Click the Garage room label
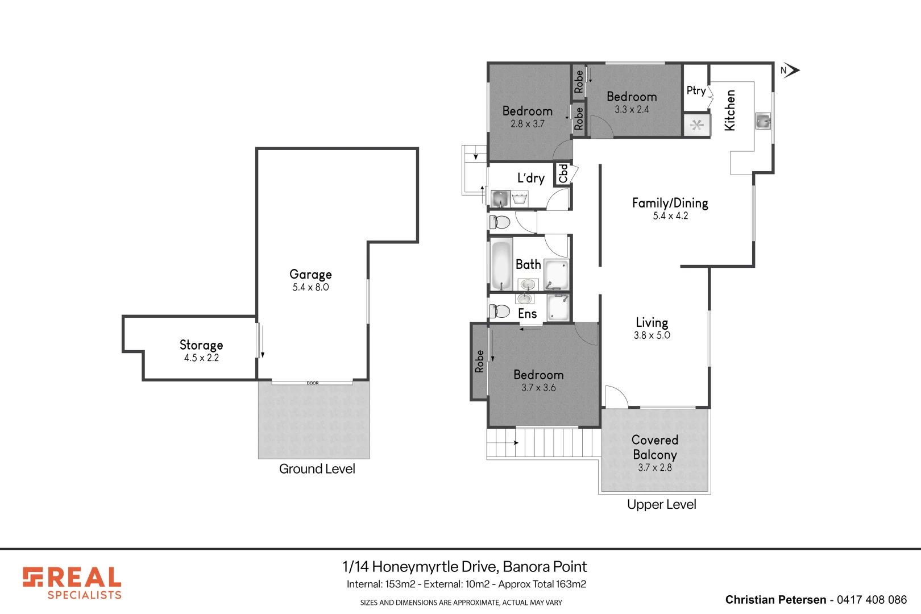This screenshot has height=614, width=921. [310, 274]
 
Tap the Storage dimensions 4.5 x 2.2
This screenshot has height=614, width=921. [201, 358]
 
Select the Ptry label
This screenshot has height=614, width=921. [696, 91]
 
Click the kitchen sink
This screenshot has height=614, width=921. [763, 121]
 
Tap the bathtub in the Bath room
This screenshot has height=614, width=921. [501, 265]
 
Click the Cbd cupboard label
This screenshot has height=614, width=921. [563, 173]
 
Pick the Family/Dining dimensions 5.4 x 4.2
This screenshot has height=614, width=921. [670, 216]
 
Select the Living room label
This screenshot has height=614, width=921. [652, 322]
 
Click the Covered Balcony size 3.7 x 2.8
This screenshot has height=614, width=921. [655, 467]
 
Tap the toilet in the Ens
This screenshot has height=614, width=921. [500, 312]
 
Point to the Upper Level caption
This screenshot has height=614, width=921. [662, 505]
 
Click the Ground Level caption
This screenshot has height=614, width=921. [317, 469]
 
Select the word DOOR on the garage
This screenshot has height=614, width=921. [313, 383]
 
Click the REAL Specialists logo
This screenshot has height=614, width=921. [72, 583]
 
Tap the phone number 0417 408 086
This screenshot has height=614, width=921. [872, 600]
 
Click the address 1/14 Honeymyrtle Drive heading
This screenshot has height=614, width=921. [464, 567]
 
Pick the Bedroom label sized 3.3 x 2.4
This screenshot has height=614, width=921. [632, 97]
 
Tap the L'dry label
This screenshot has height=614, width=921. [531, 177]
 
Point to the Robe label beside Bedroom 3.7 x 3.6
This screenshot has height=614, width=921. [479, 362]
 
